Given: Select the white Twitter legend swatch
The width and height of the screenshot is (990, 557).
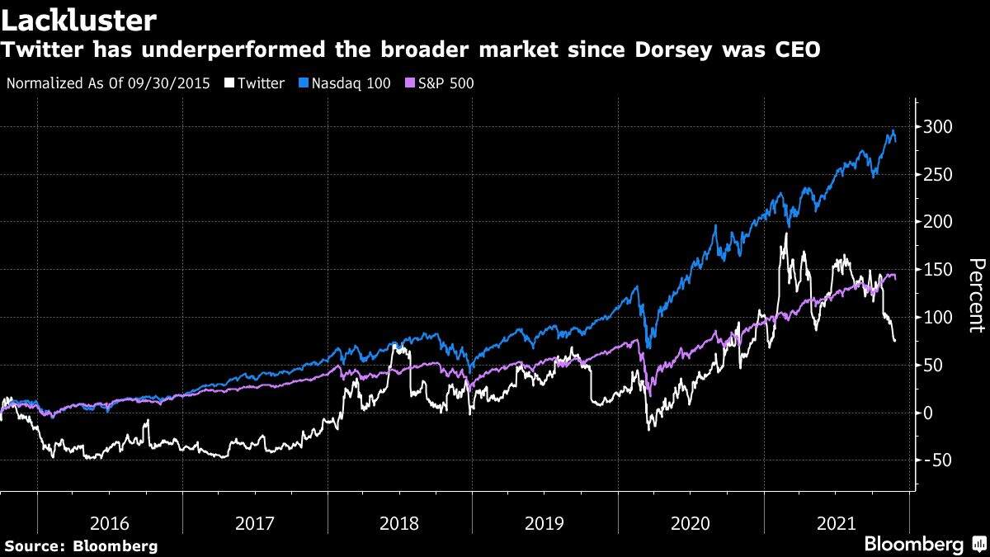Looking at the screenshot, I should pos(229,83).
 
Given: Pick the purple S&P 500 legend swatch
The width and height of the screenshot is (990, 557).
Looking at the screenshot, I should pos(412,83).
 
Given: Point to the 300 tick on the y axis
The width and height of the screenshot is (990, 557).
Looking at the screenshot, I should pos(938,127).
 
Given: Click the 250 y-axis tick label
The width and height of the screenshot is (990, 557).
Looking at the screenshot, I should pos(938,175).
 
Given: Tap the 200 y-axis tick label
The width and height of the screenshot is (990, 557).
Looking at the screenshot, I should pos(938,222).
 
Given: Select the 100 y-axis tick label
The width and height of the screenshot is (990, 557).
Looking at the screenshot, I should pos(938,318).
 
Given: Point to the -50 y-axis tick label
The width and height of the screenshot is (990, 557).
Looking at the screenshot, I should pos(935,460).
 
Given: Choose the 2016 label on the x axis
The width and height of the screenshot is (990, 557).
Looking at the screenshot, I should pos(110,523).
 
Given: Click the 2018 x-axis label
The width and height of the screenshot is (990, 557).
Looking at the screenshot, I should pos(399,523).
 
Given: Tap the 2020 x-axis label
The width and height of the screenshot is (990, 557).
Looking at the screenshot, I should pos(690,523).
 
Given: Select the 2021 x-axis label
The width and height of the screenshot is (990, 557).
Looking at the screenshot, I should pos(835,523).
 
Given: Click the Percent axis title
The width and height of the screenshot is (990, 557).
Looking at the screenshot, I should pos(976,295).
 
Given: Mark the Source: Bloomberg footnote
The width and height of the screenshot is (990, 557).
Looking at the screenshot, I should pos(80,545).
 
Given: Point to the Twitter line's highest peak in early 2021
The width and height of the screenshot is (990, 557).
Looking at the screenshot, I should pos(785,234).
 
